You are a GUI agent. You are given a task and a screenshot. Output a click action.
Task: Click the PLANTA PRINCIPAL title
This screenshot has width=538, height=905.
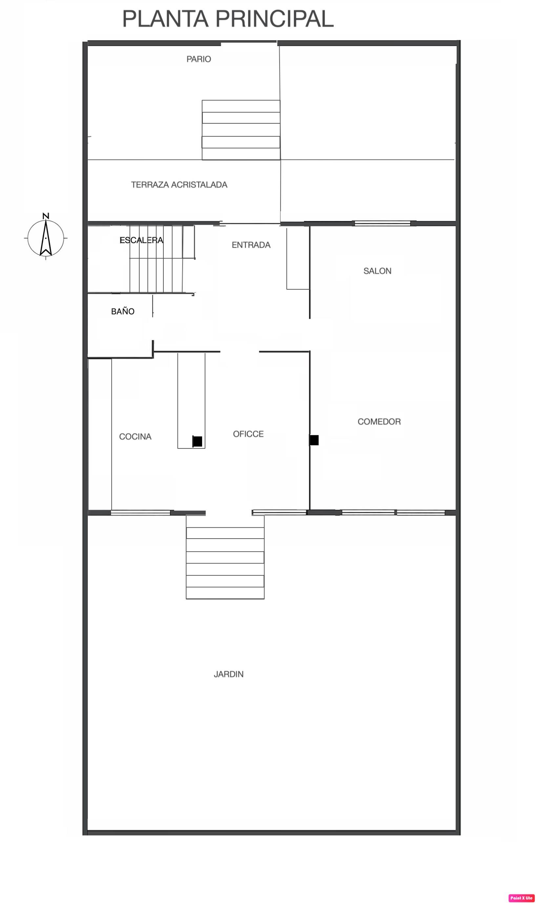pyautogui.click(x=228, y=19)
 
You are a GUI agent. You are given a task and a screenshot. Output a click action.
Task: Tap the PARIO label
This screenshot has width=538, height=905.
pyautogui.click(x=199, y=59)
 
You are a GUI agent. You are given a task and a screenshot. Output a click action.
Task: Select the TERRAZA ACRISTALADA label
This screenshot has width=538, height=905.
pyautogui.click(x=179, y=185)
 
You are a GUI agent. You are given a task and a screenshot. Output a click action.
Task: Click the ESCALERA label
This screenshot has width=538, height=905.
pyautogui.click(x=141, y=240)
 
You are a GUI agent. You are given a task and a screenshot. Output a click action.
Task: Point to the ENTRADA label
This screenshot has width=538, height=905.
pyautogui.click(x=251, y=245)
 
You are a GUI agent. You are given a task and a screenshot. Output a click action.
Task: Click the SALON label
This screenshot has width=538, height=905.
pyautogui.click(x=377, y=271)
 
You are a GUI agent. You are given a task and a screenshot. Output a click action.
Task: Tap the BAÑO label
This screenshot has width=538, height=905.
pyautogui.click(x=123, y=311)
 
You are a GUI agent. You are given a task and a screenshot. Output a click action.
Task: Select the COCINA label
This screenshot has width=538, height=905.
pyautogui.click(x=135, y=436)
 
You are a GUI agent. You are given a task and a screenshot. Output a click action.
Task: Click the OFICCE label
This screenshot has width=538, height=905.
pyautogui.click(x=248, y=434)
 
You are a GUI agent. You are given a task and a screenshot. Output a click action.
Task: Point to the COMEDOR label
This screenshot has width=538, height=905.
pyautogui.click(x=379, y=422)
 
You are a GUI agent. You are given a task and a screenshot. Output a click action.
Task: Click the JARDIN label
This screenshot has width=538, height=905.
pyautogui.click(x=228, y=674)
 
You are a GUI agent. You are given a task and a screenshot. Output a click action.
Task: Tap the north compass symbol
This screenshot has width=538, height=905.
pyautogui.click(x=46, y=238)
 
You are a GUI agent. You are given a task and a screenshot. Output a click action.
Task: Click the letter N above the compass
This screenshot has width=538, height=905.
pyautogui.click(x=46, y=216)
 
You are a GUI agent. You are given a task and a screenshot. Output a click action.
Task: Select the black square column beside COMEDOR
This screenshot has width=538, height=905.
pyautogui.click(x=314, y=440)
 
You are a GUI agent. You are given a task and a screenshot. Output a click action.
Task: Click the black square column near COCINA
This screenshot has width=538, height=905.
pyautogui.click(x=197, y=442)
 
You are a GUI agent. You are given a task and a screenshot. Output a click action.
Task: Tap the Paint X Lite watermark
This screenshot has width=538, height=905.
pyautogui.click(x=521, y=895)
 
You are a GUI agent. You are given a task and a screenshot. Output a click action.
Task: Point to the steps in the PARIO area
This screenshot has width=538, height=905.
pyautogui.click(x=241, y=130)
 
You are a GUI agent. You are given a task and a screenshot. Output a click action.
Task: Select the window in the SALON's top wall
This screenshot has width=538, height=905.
pyautogui.click(x=382, y=223)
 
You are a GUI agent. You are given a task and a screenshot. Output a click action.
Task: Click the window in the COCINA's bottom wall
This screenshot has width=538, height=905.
pyautogui.click(x=140, y=512)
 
